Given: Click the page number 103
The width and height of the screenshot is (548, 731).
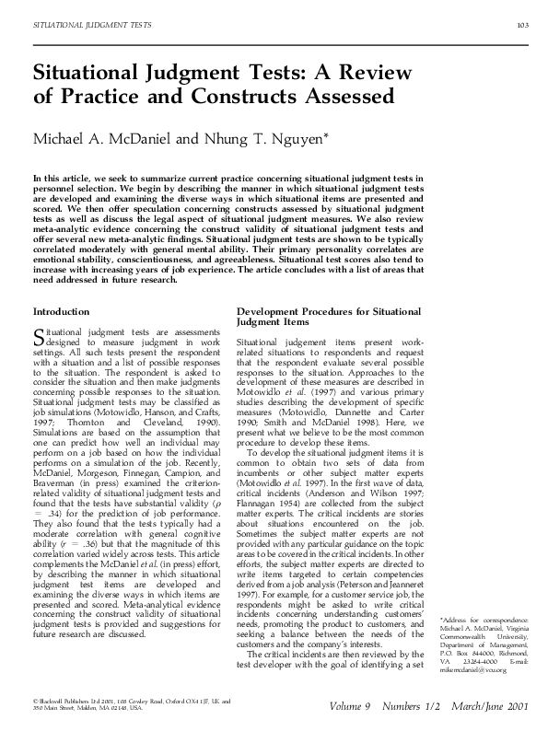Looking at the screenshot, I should [x=521, y=24].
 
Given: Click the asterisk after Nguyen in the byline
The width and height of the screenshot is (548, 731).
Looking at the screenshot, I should [x=327, y=134].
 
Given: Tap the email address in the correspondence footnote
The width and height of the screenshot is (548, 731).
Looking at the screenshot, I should [x=473, y=669].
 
